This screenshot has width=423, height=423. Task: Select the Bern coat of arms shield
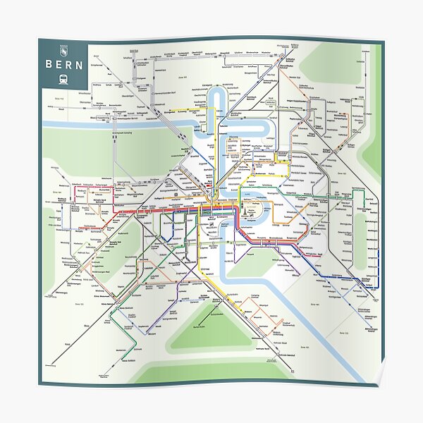pos(63,50)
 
